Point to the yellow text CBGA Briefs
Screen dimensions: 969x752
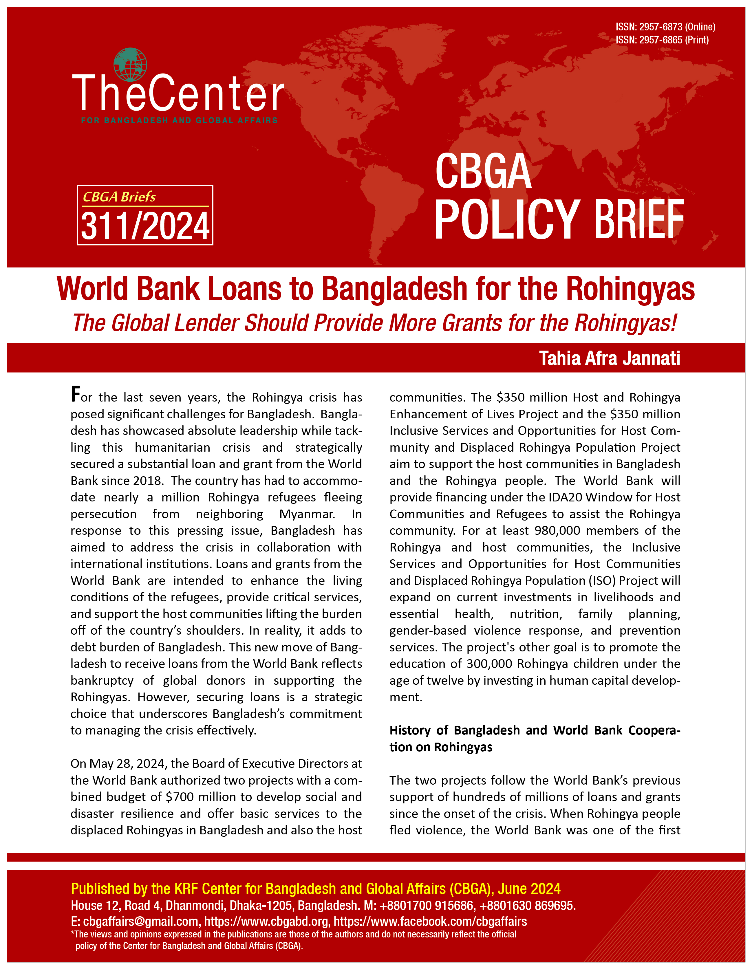coord(119,197)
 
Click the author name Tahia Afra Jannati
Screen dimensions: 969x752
coord(609,358)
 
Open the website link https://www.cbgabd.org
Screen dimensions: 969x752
coord(266,922)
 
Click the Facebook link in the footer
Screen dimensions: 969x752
coord(430,922)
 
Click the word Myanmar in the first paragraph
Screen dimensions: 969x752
coord(307,514)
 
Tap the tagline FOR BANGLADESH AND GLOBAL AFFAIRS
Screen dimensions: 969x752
coord(179,120)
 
